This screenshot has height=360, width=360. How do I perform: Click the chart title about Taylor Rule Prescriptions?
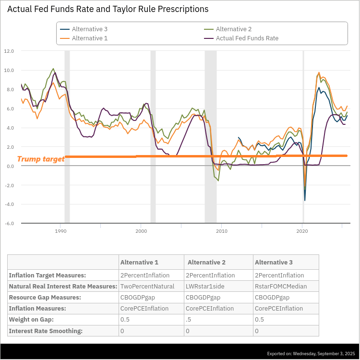pyautogui.click(x=108, y=9)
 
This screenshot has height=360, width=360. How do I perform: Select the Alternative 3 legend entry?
pyautogui.click(x=84, y=29)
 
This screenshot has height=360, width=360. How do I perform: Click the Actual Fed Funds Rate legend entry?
pyautogui.click(x=241, y=38)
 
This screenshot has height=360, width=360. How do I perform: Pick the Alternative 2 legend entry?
pyautogui.click(x=228, y=29)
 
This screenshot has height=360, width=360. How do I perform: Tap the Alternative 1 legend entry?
pyautogui.click(x=84, y=38)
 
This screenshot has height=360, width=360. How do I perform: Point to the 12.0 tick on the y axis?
pyautogui.click(x=9, y=51)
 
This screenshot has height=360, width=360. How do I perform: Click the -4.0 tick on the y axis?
pyautogui.click(x=9, y=204)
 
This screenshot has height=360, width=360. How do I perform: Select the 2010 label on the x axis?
pyautogui.click(x=222, y=231)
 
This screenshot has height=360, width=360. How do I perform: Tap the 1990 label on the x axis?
pyautogui.click(x=60, y=231)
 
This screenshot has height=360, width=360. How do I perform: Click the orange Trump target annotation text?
pyautogui.click(x=41, y=159)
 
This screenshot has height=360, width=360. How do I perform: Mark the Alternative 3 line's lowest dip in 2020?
pyautogui.click(x=305, y=201)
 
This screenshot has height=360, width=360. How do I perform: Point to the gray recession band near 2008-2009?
pyautogui.click(x=211, y=137)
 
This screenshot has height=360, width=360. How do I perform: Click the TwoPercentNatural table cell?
pyautogui.click(x=147, y=286)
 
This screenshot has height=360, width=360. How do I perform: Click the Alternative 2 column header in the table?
pyautogui.click(x=206, y=262)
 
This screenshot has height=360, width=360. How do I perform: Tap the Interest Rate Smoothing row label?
pyautogui.click(x=46, y=331)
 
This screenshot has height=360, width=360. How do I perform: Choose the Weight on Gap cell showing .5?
pyautogui.click(x=188, y=320)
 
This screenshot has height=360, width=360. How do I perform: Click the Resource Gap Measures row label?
pyautogui.click(x=45, y=297)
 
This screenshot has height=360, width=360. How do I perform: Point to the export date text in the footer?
pyautogui.click(x=311, y=354)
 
